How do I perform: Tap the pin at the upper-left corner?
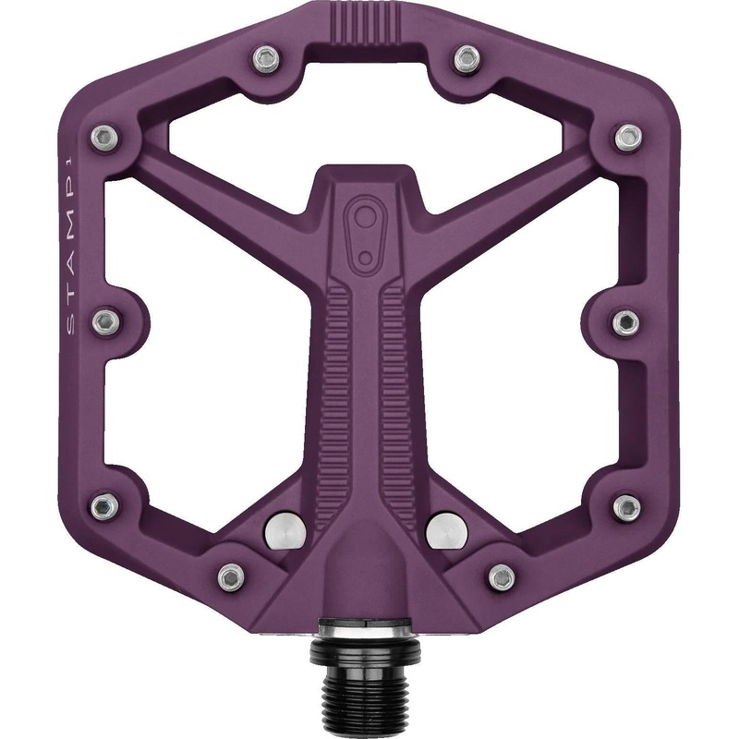104,136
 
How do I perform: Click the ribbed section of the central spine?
368,379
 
